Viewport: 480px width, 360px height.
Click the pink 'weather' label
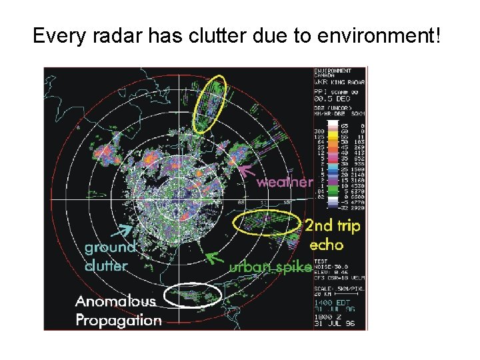(285, 181)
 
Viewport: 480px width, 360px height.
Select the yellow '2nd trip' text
(332, 226)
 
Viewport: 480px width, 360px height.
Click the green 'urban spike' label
(270, 267)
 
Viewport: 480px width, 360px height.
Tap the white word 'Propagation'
(119, 320)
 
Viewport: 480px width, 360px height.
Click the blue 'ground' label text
(110, 247)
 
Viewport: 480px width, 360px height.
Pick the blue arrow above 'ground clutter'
(123, 230)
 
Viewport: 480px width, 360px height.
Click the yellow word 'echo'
(325, 245)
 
